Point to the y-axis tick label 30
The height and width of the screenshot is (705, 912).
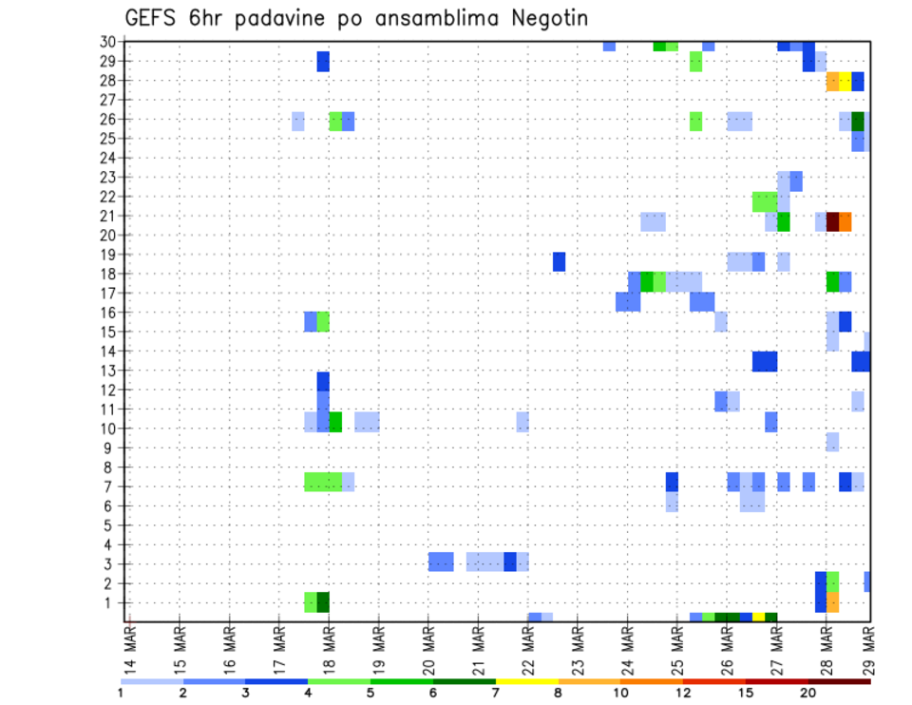coord(109,42)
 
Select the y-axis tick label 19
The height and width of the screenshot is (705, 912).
coord(109,255)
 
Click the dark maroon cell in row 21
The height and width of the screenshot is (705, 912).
coord(832,221)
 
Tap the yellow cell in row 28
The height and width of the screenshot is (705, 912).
coord(845,81)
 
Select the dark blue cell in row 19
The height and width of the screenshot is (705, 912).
coord(559,261)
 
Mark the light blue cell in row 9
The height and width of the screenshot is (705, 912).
coord(832,442)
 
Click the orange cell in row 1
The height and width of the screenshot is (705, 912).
coord(832,602)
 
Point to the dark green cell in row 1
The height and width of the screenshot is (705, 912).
coord(323,602)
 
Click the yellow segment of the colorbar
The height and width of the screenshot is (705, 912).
coord(526,681)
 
